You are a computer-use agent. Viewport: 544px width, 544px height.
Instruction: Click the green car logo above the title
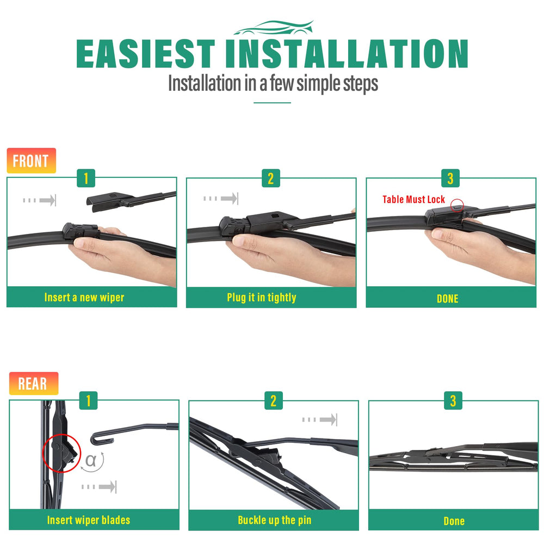274,28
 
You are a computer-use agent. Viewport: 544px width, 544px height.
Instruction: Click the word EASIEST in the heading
146,53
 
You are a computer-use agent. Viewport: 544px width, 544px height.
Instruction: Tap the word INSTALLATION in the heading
347,53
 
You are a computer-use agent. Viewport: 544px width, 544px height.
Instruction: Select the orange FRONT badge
31,160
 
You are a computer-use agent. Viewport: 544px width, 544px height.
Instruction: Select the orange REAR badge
34,384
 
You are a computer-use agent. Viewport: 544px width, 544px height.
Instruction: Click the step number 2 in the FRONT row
271,178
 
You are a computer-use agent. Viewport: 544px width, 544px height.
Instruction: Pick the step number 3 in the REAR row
453,401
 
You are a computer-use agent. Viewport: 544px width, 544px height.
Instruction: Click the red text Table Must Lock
413,200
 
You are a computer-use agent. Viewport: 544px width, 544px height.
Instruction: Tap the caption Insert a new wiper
84,298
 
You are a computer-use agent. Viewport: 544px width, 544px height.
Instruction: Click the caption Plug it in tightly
262,298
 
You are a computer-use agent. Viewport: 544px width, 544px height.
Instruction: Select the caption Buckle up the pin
274,520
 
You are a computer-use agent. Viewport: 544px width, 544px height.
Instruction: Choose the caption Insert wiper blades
89,520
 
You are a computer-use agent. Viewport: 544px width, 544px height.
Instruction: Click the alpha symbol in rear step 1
90,460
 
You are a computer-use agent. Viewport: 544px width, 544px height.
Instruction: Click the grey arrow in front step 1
39,200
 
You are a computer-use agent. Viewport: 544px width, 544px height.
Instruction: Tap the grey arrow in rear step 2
319,419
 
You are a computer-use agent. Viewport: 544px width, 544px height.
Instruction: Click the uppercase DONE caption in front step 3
448,299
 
